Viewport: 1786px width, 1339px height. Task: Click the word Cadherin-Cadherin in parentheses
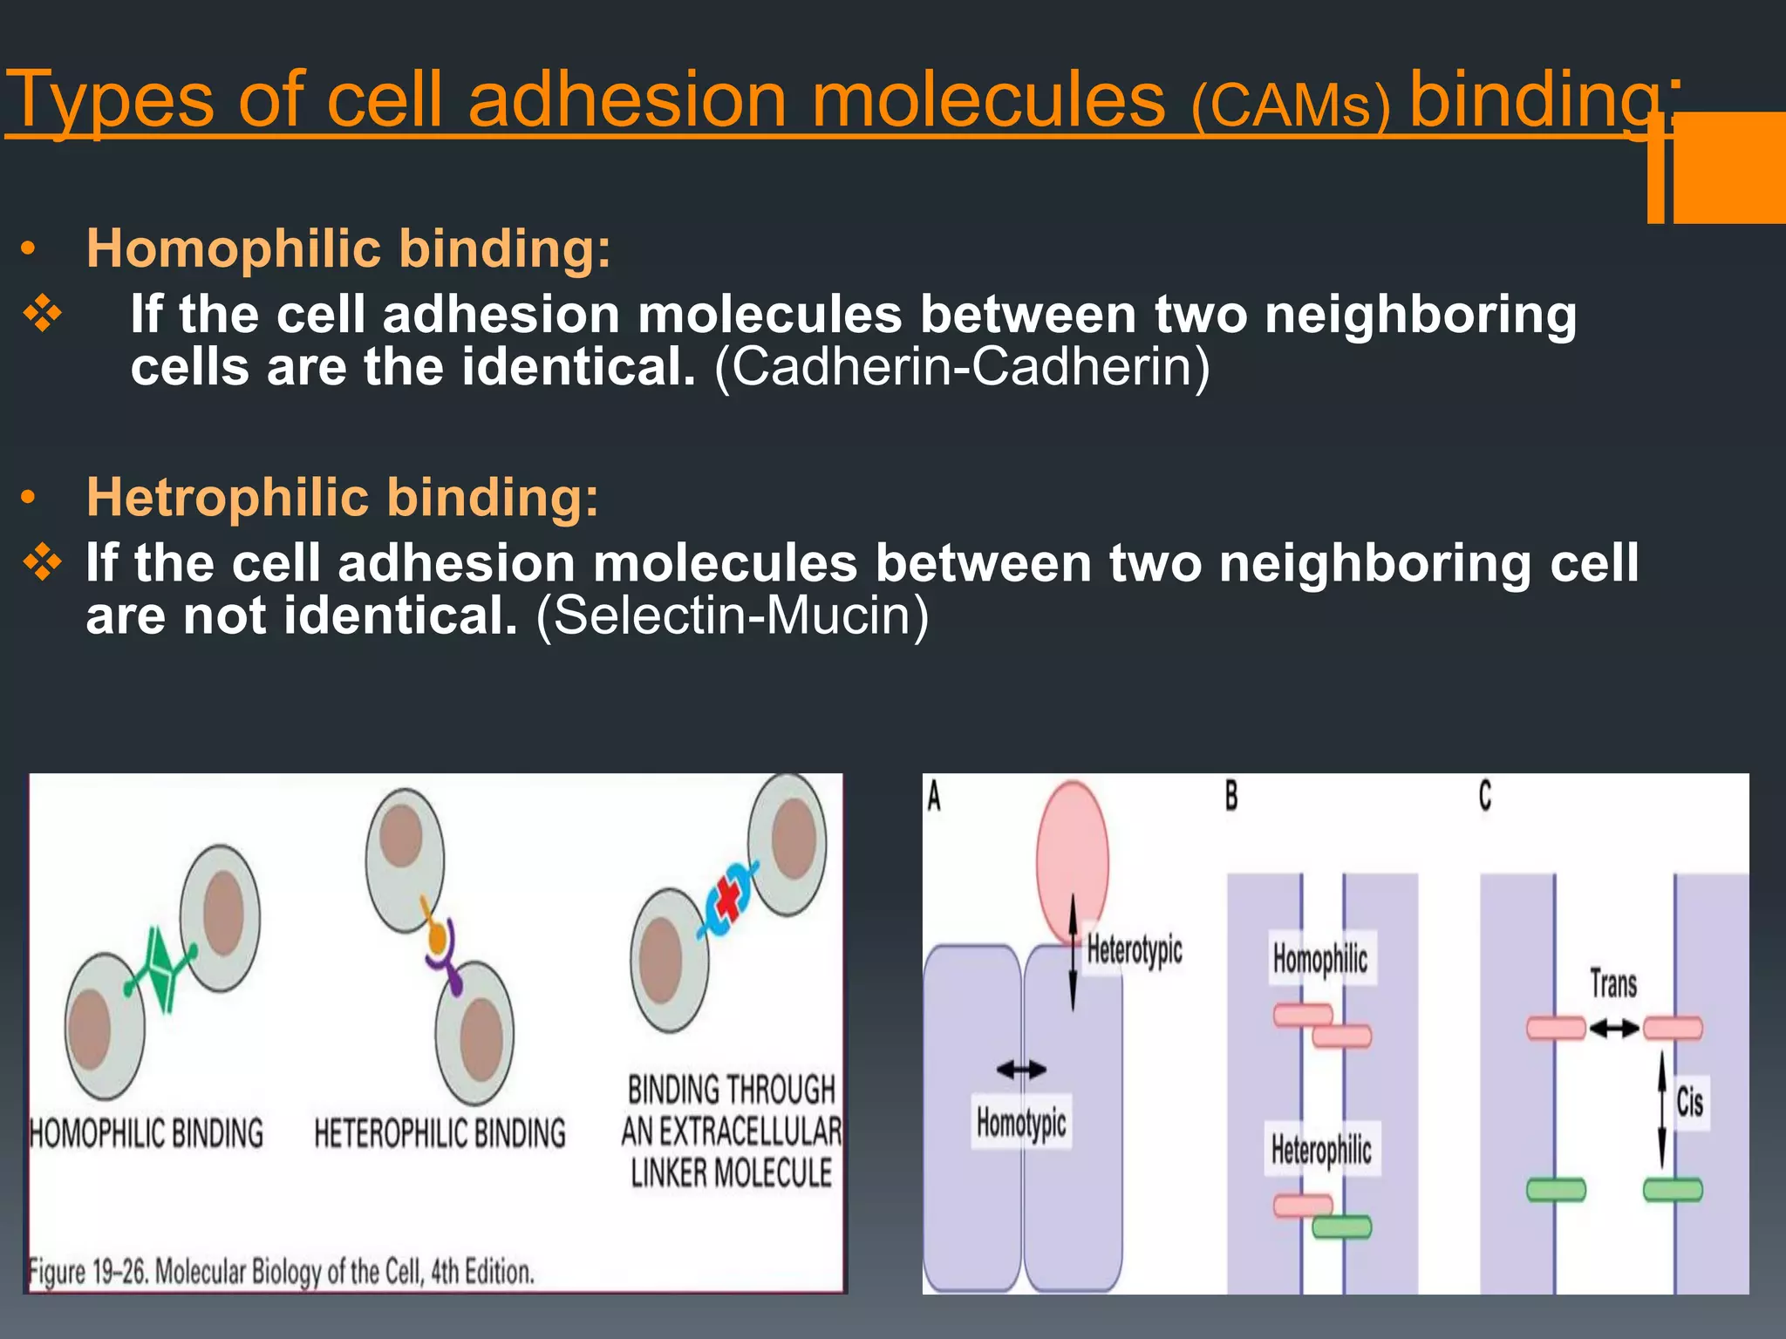tap(962, 367)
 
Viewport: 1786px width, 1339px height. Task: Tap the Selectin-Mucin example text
tap(733, 615)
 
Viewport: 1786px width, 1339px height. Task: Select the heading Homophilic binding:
tap(349, 248)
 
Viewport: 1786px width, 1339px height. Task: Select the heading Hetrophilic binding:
tap(343, 497)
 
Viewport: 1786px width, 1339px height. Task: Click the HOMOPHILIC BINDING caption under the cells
tap(147, 1133)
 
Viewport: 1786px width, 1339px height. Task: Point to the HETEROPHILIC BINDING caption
tap(440, 1133)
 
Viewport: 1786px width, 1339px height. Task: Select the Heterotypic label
tap(1134, 949)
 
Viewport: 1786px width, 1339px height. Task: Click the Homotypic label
tap(1021, 1123)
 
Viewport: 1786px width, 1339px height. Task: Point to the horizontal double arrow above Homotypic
tap(1021, 1069)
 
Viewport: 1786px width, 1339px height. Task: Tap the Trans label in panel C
tap(1612, 984)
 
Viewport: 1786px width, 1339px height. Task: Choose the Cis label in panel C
tap(1689, 1102)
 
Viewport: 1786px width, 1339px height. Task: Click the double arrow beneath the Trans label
tap(1613, 1030)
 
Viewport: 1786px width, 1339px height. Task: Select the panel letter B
tap(1231, 795)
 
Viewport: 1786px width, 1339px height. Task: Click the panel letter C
tap(1485, 795)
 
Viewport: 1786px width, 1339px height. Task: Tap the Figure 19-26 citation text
tap(281, 1272)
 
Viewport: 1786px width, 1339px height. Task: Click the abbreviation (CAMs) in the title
tap(1290, 106)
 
